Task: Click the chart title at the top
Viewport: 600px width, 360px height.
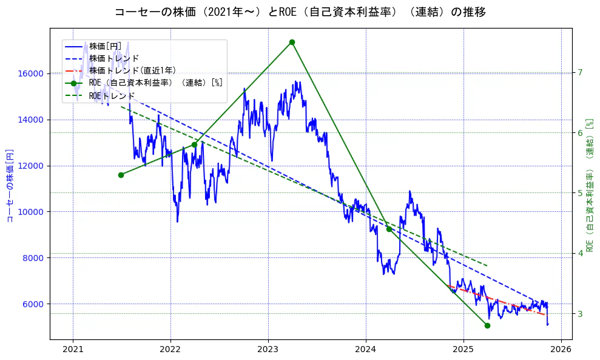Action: (300, 12)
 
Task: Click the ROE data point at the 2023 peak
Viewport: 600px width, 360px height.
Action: (292, 42)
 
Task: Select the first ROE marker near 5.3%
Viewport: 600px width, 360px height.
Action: (121, 175)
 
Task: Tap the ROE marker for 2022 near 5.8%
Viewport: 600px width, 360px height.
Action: (194, 144)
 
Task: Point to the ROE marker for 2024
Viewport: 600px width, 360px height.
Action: (389, 229)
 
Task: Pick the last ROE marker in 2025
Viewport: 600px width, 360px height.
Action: (487, 325)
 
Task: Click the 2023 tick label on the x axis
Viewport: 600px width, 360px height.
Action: (268, 350)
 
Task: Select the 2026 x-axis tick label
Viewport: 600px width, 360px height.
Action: (561, 350)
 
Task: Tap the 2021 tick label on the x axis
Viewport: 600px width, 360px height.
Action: (73, 350)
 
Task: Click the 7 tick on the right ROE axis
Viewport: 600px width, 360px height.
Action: (580, 73)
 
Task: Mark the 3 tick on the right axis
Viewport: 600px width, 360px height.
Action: (580, 314)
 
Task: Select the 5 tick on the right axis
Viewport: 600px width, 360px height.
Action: (580, 193)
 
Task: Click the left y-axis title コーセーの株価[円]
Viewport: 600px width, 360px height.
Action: (9, 186)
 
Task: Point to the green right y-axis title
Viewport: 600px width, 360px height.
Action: (589, 185)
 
